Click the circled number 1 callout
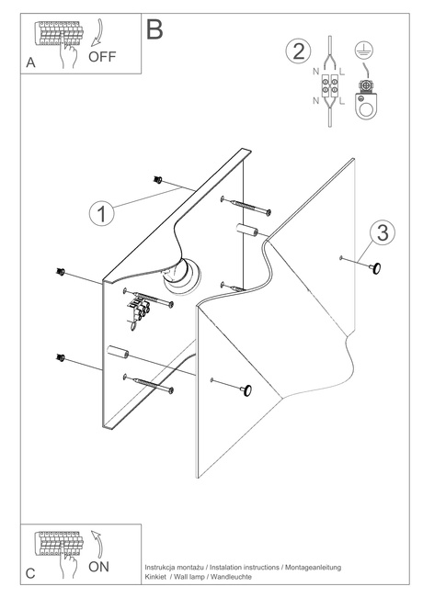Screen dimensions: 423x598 point(101,213)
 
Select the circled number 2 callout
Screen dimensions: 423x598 point(298,51)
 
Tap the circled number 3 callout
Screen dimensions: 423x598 point(383,232)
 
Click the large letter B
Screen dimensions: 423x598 point(154,29)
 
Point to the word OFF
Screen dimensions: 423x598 point(102,56)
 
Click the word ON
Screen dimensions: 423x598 point(99,567)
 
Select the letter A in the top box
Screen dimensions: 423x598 point(30,62)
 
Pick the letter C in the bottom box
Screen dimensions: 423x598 point(30,573)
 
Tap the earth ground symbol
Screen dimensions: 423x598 point(364,51)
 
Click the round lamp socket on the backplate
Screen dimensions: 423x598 point(182,276)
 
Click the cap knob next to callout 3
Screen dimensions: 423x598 point(375,268)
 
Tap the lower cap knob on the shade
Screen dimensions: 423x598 point(246,390)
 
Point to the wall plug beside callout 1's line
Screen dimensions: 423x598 point(157,180)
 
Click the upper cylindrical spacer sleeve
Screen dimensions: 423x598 point(246,230)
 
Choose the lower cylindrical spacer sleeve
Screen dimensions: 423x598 point(118,352)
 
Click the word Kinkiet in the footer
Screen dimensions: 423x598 point(155,577)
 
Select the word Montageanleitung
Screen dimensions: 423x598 point(313,568)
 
